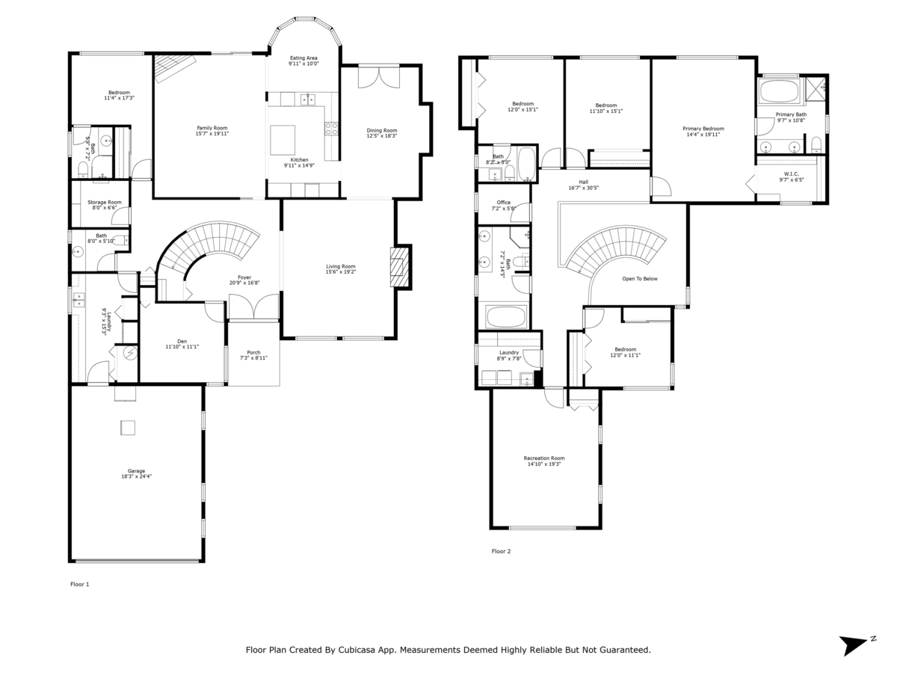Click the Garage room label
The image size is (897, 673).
pyautogui.click(x=136, y=470)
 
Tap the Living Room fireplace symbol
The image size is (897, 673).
pyautogui.click(x=400, y=267)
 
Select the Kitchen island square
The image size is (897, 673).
pyautogui.click(x=283, y=138)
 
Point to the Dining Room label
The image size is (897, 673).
pyautogui.click(x=381, y=130)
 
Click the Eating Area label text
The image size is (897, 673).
pyautogui.click(x=303, y=58)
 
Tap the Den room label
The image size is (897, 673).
pyautogui.click(x=182, y=341)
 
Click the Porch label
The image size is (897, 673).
pyautogui.click(x=253, y=352)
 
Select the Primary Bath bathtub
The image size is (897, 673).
pyautogui.click(x=779, y=93)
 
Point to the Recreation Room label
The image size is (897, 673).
pyautogui.click(x=543, y=458)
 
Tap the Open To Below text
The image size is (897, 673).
pyautogui.click(x=640, y=279)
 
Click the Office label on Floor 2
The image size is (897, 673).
pyautogui.click(x=503, y=203)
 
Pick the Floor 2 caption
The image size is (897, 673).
pyautogui.click(x=501, y=551)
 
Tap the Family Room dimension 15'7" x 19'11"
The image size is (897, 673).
pyautogui.click(x=212, y=134)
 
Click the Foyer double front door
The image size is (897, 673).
pyautogui.click(x=253, y=308)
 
